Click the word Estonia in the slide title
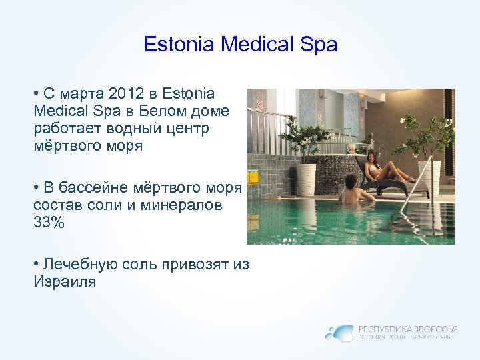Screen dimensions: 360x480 click(x=179, y=45)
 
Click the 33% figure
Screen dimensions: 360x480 click(x=49, y=223)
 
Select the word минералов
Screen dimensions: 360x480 click(x=189, y=206)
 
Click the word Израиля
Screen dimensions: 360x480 click(x=64, y=282)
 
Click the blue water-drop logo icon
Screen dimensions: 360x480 click(x=339, y=332)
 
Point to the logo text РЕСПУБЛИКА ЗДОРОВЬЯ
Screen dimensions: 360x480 click(x=407, y=329)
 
